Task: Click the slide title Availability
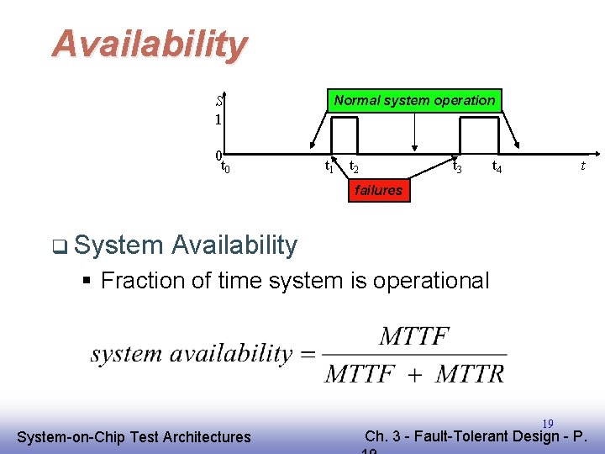pos(150,44)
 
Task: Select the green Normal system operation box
pos(414,101)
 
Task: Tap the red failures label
pos(378,190)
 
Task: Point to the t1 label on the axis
pos(329,167)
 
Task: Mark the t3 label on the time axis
pos(457,166)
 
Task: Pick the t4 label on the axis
pos(497,166)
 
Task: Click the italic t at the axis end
pos(582,166)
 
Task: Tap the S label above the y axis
pos(218,101)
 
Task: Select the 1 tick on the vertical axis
pos(218,120)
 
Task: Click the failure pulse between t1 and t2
pos(345,135)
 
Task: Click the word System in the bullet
pos(118,245)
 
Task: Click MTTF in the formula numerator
pos(414,337)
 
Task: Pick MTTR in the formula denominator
pos(470,373)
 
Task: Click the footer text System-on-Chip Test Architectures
pos(134,436)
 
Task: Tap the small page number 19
pos(547,424)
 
